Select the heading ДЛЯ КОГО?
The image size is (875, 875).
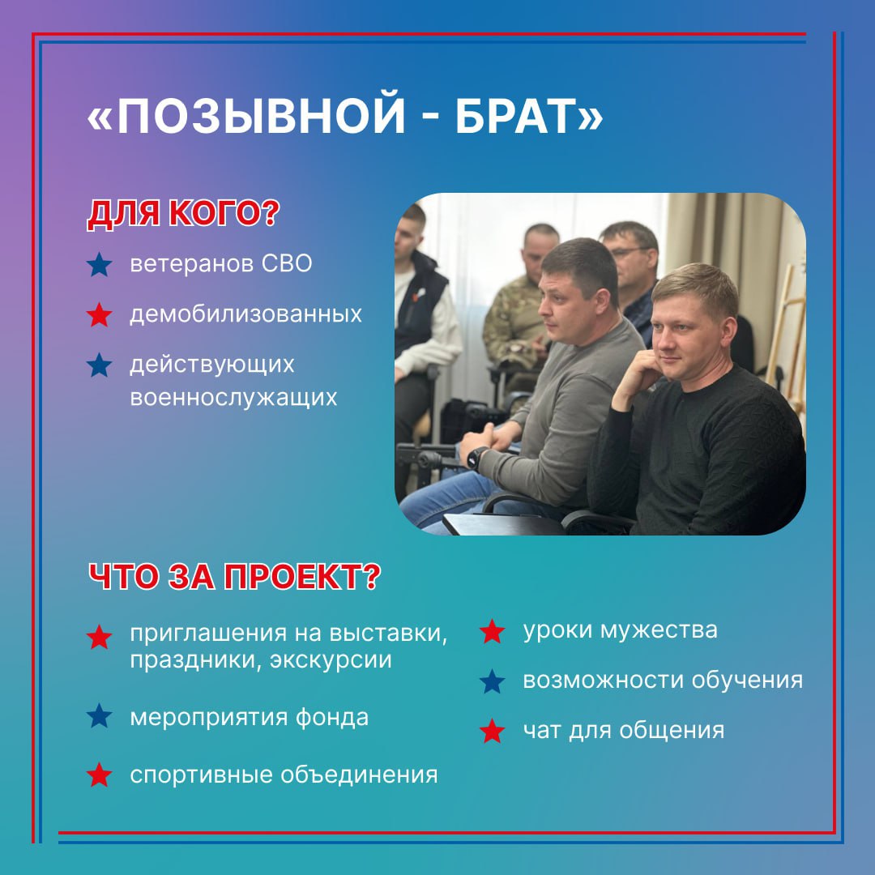(x=183, y=213)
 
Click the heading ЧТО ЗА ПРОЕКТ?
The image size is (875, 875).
(x=234, y=577)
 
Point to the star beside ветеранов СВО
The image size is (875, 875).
(x=100, y=264)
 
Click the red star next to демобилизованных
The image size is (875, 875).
(x=100, y=314)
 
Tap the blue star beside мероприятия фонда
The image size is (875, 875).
(x=100, y=715)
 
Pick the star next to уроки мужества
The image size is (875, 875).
(x=493, y=631)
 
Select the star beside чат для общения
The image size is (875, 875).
(x=493, y=731)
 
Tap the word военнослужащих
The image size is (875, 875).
(x=233, y=398)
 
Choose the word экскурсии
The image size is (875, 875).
(x=331, y=660)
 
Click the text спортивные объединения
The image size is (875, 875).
(x=284, y=775)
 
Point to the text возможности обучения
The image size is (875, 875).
(x=663, y=681)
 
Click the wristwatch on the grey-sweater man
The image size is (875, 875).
(x=476, y=458)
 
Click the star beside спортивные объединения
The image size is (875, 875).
(x=100, y=775)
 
